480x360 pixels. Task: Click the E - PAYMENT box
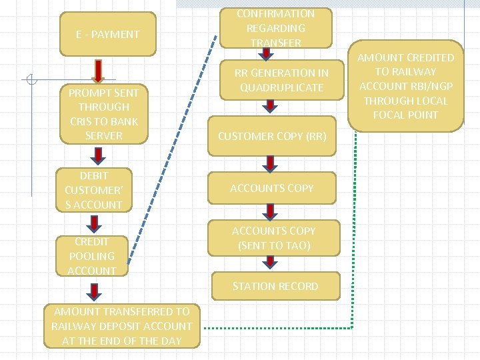coord(107,34)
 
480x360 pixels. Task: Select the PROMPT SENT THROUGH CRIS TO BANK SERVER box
coord(103,114)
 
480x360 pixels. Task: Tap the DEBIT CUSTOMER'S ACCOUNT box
coord(93,190)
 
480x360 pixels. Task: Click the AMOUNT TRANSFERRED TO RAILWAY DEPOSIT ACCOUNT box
coord(121,327)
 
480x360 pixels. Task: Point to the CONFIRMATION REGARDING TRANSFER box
coord(275,28)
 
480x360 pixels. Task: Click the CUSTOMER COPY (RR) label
coord(272,136)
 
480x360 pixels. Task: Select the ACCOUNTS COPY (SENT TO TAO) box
coord(273,238)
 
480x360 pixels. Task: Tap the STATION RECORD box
coord(275,286)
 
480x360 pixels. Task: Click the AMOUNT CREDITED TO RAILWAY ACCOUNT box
coord(405,87)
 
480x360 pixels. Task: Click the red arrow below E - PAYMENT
coord(98,70)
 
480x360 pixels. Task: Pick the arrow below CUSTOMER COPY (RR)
coord(269,163)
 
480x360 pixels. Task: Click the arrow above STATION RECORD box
coord(269,261)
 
